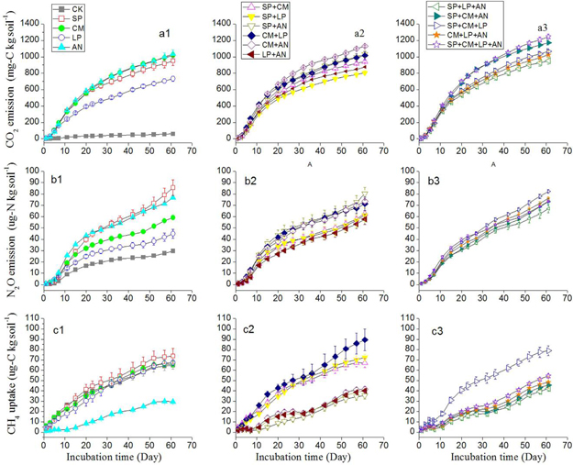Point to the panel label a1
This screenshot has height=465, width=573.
click(165, 34)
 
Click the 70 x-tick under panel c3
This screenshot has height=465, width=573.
click(556, 442)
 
